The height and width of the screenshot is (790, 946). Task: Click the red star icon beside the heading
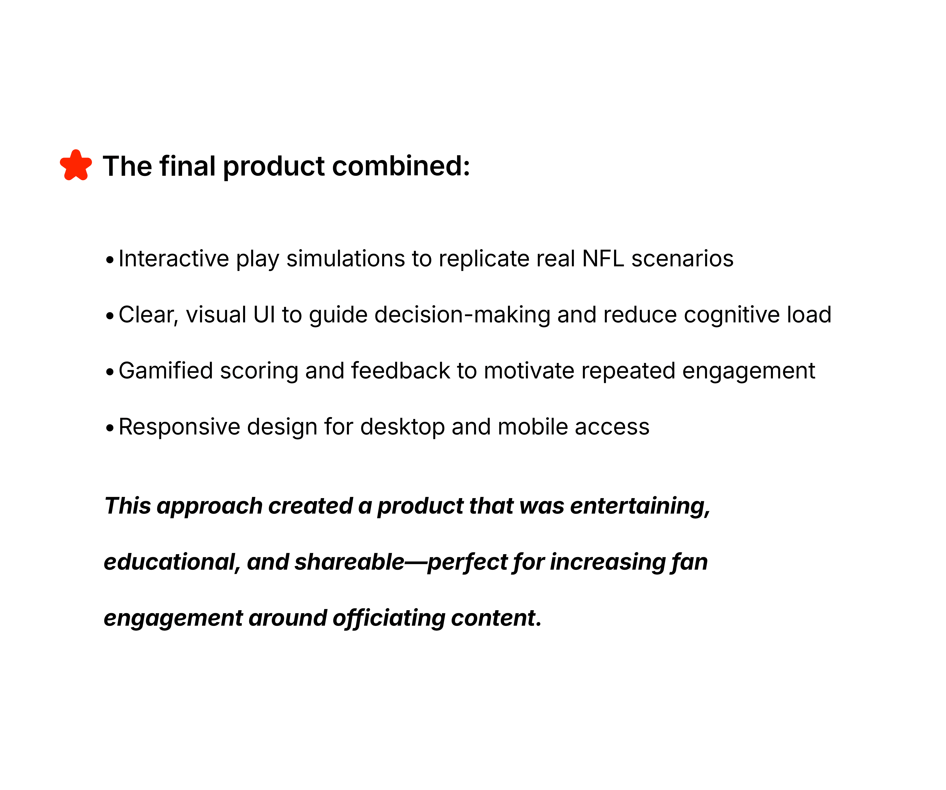76,165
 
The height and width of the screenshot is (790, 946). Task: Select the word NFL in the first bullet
603,259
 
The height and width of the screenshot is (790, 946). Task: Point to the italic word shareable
350,562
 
